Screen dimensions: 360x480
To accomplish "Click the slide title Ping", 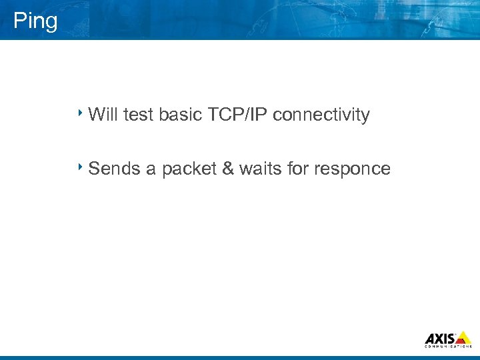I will [x=35, y=21].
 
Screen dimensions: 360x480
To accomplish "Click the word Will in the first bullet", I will [x=103, y=115].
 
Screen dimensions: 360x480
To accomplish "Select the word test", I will [x=138, y=115].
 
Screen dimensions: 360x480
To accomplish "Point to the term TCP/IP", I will [x=237, y=115].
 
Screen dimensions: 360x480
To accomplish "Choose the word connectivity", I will [x=321, y=115].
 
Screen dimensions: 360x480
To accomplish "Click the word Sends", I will [x=114, y=169].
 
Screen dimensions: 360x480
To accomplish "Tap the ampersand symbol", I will [x=227, y=169].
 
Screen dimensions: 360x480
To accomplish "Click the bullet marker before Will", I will [x=80, y=112].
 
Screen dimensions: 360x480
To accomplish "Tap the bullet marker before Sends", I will [x=80, y=166].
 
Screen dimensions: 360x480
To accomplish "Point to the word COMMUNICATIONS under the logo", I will [x=448, y=347].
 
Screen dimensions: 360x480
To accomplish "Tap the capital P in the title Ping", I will [x=19, y=21].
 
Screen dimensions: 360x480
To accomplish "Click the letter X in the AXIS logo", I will [x=440, y=339].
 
